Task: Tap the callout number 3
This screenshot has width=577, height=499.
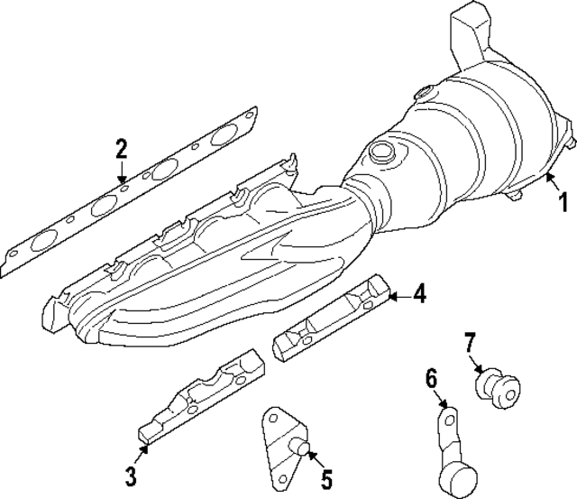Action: point(131,476)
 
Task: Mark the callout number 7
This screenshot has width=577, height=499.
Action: point(469,342)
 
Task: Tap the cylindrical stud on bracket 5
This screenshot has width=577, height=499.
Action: point(301,445)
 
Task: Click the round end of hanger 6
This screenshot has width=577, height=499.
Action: point(458,475)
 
